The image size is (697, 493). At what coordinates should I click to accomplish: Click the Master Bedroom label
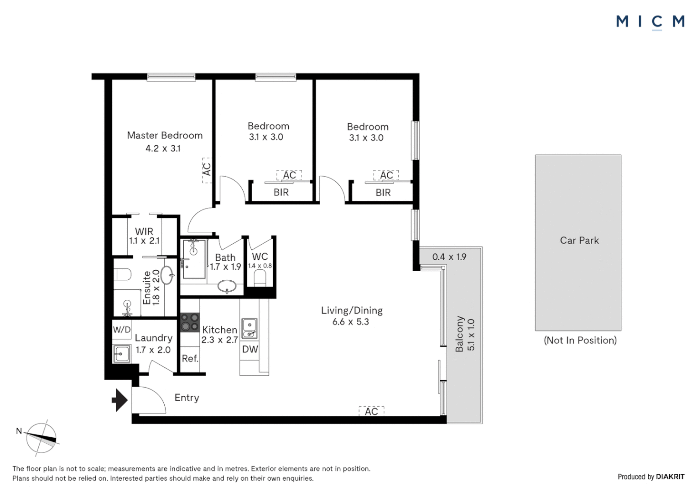coord(165,136)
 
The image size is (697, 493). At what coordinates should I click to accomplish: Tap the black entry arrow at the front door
coord(120,400)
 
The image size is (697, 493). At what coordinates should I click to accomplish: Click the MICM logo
coord(650,21)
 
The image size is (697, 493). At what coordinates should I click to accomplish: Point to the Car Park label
coord(579,241)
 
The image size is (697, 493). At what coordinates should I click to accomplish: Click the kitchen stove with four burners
coord(190,322)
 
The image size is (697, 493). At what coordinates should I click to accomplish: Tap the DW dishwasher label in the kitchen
coord(250,349)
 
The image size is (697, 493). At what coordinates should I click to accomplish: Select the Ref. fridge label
coord(190,359)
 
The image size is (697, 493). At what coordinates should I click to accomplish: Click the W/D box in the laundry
coord(122,330)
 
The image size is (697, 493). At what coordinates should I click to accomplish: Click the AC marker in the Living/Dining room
coord(371,411)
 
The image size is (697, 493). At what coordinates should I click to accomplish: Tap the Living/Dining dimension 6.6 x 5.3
coord(350,322)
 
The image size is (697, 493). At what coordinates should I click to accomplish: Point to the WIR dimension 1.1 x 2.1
coord(144,241)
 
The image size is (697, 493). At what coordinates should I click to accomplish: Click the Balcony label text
coord(459,334)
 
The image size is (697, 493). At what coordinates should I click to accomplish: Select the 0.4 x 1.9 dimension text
coord(449,257)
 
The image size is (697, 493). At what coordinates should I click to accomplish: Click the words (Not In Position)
coord(580,341)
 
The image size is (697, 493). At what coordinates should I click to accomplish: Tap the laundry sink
coord(122,353)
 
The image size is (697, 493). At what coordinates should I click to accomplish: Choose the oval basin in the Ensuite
coord(167,275)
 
